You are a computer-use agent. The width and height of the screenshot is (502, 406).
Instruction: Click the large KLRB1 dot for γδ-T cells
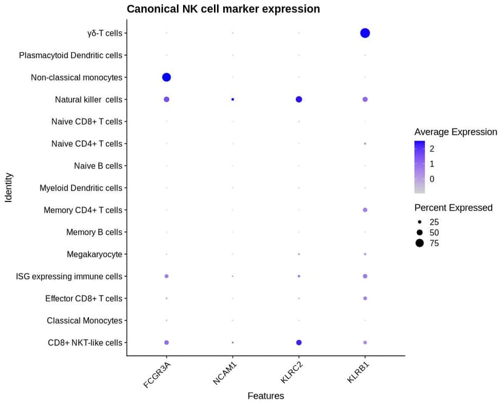(x=365, y=33)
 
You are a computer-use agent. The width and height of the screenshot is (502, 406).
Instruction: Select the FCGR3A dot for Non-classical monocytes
(x=167, y=77)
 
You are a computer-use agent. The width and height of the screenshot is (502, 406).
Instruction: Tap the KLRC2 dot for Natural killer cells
(x=299, y=99)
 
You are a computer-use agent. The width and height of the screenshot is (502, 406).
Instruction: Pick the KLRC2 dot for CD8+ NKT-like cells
(x=299, y=343)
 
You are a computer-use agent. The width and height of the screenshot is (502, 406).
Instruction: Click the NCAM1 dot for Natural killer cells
(x=233, y=99)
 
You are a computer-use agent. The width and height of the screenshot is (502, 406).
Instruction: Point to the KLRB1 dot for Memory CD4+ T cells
(x=365, y=210)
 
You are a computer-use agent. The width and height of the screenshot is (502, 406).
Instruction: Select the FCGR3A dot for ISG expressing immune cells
(x=167, y=276)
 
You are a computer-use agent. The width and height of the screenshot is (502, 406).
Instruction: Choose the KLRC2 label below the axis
(x=289, y=372)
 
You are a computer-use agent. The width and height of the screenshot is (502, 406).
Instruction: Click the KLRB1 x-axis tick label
(x=355, y=372)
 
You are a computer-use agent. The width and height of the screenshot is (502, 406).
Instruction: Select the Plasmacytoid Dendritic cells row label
(x=70, y=55)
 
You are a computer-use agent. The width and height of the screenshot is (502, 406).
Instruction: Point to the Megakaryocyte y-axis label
(x=95, y=254)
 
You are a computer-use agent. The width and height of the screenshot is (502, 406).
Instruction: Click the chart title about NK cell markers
(x=223, y=9)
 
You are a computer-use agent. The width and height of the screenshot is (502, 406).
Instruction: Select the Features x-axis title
(x=266, y=396)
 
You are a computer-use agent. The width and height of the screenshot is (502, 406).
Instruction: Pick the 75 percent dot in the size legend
(x=420, y=243)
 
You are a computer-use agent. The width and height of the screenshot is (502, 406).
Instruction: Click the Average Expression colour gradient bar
(x=420, y=163)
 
